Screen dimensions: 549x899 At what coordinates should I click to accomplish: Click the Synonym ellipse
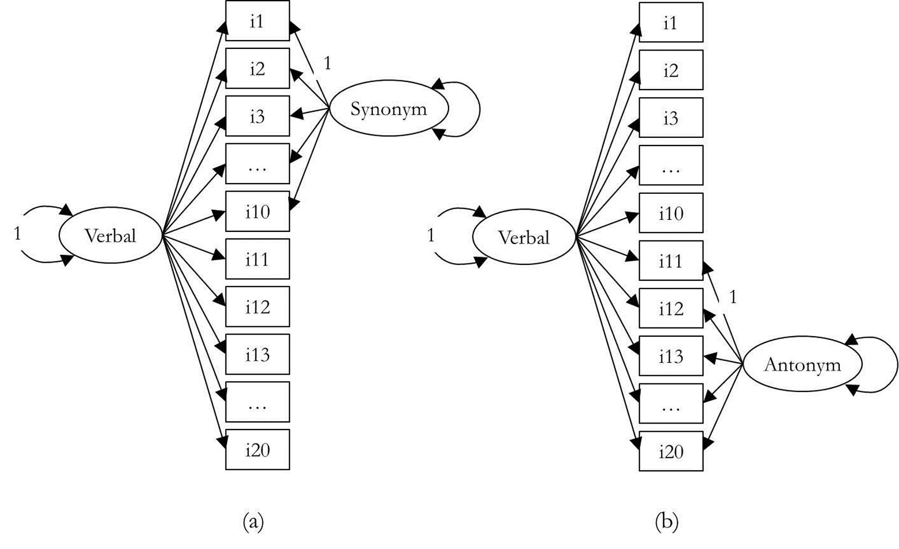(x=389, y=109)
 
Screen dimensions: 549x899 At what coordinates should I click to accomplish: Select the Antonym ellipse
(x=802, y=364)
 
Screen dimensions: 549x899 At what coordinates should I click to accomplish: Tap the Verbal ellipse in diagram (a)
(x=110, y=236)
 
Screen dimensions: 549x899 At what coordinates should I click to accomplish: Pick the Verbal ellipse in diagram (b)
(x=524, y=238)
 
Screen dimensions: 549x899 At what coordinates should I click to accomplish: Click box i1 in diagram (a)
(x=257, y=21)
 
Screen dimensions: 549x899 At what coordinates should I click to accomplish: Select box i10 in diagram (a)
(x=257, y=212)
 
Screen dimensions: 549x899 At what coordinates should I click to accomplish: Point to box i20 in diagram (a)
(x=257, y=450)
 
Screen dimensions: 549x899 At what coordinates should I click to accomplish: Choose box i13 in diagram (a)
(x=257, y=355)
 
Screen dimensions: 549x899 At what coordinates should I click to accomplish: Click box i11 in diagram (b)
(x=671, y=261)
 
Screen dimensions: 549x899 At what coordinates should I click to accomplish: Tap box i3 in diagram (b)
(x=671, y=118)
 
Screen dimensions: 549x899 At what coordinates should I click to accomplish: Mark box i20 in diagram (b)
(x=671, y=451)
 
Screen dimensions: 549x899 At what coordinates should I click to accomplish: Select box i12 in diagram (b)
(x=671, y=308)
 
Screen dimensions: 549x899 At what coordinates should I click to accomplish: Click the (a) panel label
(x=253, y=522)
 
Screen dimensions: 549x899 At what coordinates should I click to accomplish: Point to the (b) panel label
(x=667, y=522)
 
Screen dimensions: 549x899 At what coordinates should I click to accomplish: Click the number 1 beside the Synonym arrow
(x=327, y=64)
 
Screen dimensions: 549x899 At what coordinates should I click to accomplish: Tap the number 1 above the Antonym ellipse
(x=733, y=298)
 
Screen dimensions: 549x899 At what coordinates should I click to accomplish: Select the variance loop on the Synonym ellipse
(x=470, y=109)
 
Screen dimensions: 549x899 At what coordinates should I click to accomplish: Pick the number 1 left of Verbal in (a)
(x=17, y=234)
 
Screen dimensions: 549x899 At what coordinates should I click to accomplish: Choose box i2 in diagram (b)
(x=671, y=70)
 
